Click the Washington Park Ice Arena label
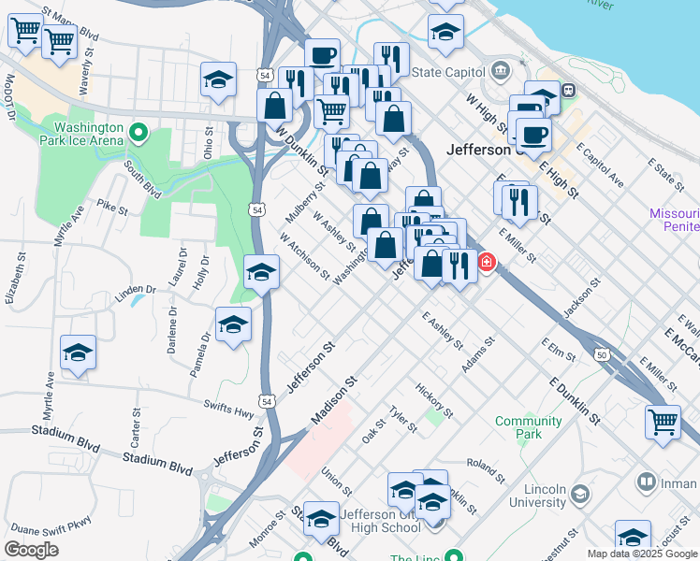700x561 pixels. coord(88,134)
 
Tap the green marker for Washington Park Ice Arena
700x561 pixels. coord(139,133)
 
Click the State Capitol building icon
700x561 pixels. coord(500,71)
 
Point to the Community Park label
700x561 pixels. coord(529,427)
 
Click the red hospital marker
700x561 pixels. coord(487,263)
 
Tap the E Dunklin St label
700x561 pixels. coord(573,402)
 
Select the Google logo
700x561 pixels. coord(31,550)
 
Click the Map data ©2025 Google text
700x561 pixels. coord(641,554)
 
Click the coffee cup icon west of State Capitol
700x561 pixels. coord(323,55)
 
